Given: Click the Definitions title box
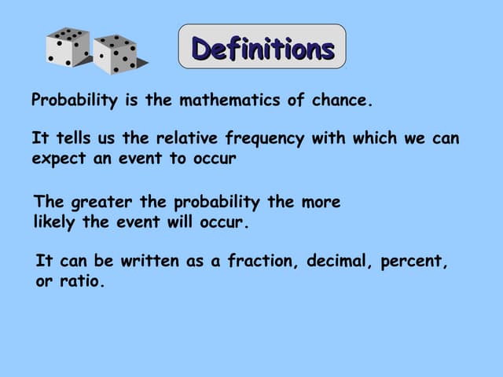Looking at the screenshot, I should tap(263, 48).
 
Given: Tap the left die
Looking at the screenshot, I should tap(68, 48).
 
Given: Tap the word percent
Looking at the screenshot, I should tap(414, 262).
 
